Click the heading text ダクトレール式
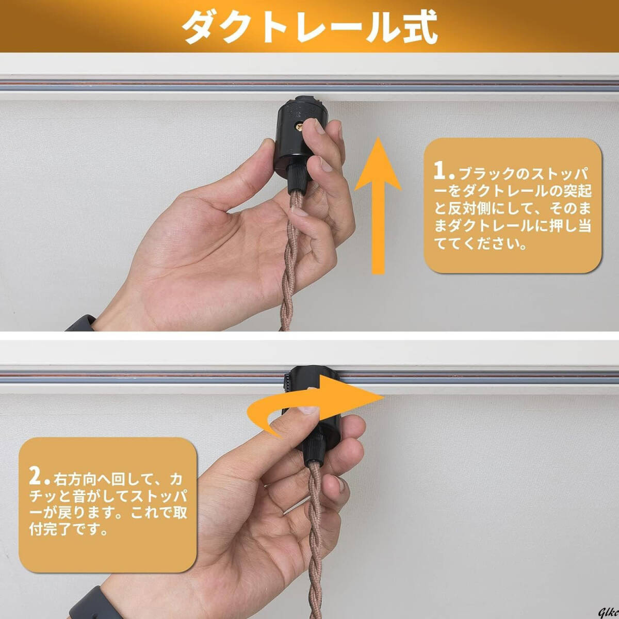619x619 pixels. (x=309, y=26)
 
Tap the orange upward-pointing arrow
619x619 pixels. (x=378, y=206)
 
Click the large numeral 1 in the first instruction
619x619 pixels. (x=439, y=170)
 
